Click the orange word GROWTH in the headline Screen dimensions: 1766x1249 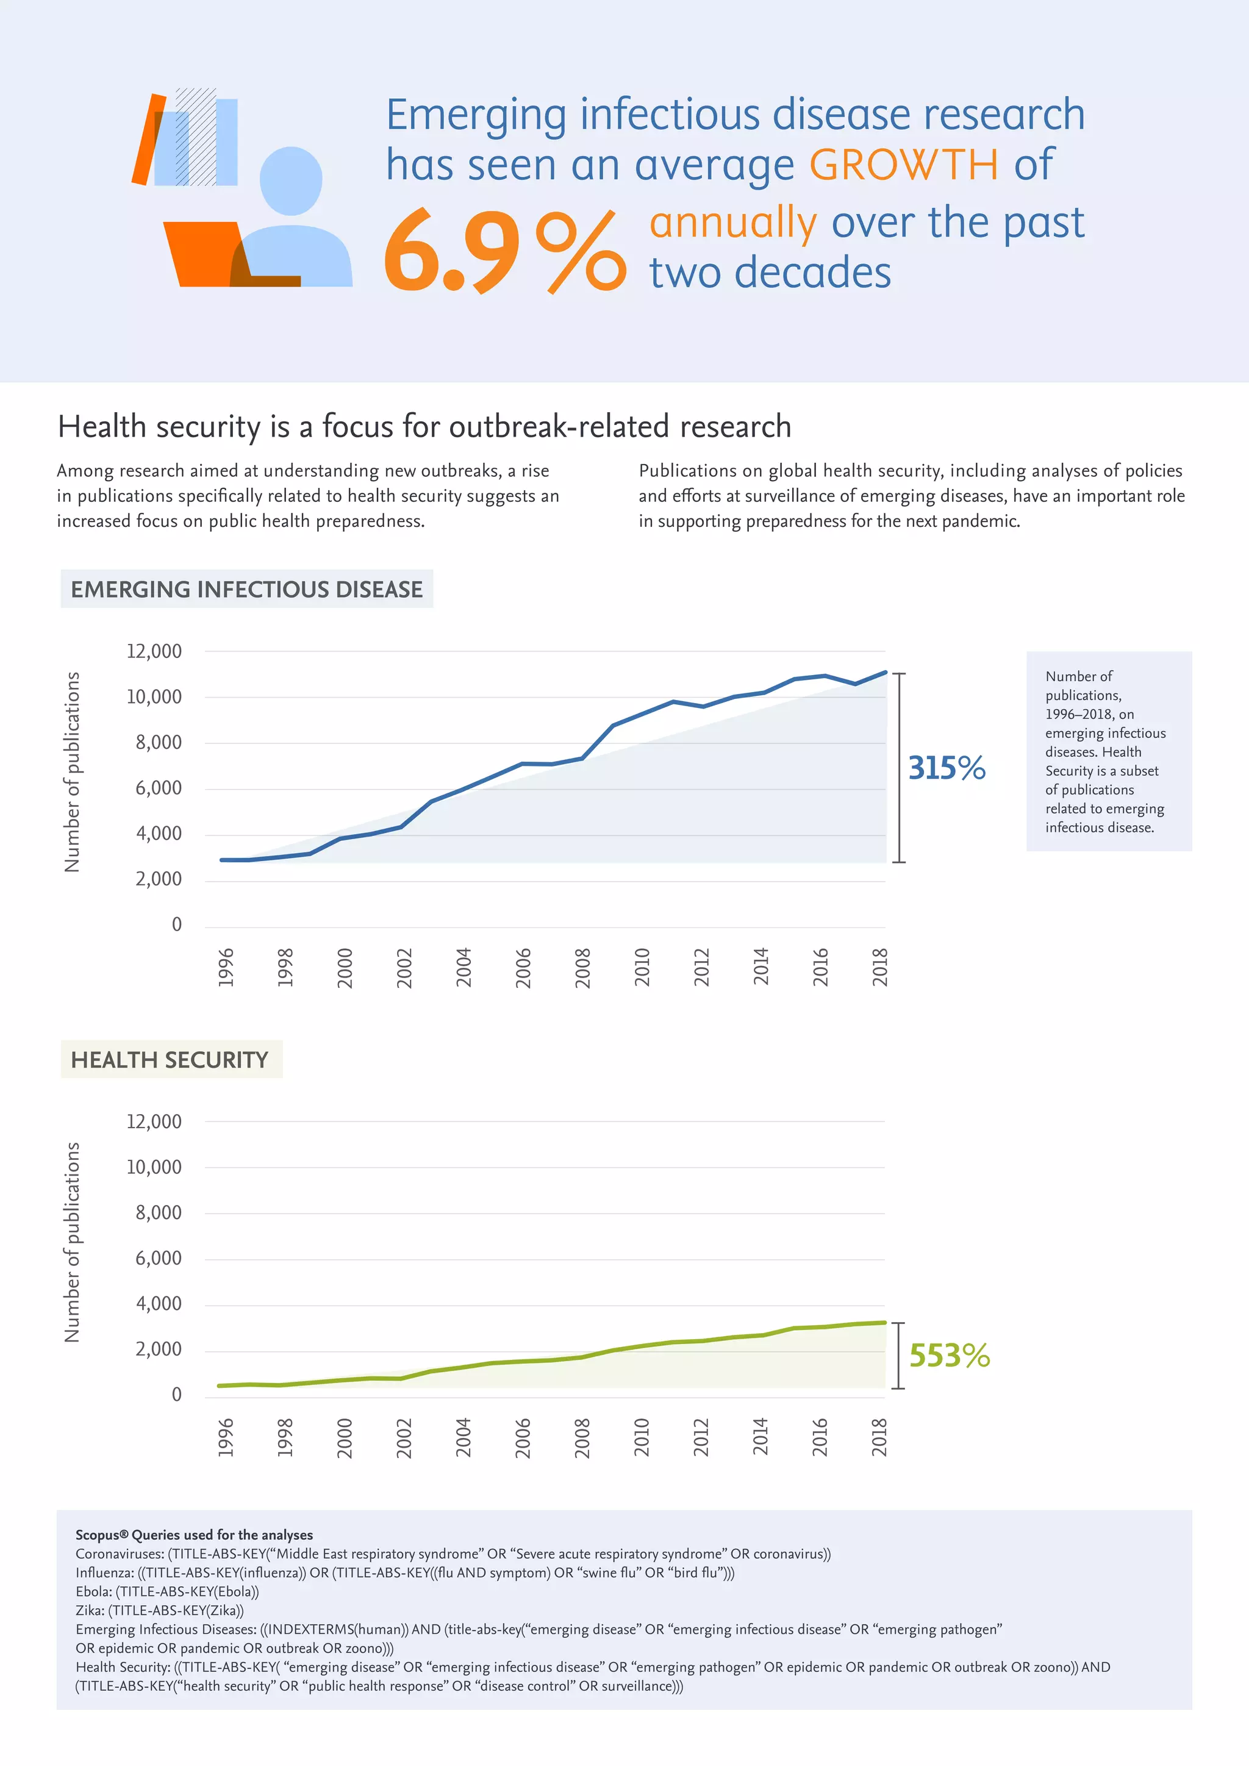pos(903,165)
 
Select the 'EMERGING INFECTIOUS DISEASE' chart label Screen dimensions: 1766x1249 pos(246,589)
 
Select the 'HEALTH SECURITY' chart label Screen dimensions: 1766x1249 pos(170,1060)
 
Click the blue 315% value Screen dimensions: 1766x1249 pos(946,768)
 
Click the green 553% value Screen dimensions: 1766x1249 pos(949,1355)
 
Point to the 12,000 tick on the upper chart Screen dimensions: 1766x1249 pos(154,651)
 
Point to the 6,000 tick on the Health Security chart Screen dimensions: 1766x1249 pos(159,1259)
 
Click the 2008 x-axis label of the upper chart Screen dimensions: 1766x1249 pos(583,968)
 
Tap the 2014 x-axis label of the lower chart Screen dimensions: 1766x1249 pos(760,1437)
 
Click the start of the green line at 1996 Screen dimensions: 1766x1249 pos(221,1386)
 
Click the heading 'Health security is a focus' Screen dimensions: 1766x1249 pos(424,427)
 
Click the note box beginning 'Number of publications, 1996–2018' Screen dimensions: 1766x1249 pos(1108,751)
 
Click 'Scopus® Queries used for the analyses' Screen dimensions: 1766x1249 pos(194,1534)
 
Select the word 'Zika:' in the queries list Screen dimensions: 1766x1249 pos(90,1610)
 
